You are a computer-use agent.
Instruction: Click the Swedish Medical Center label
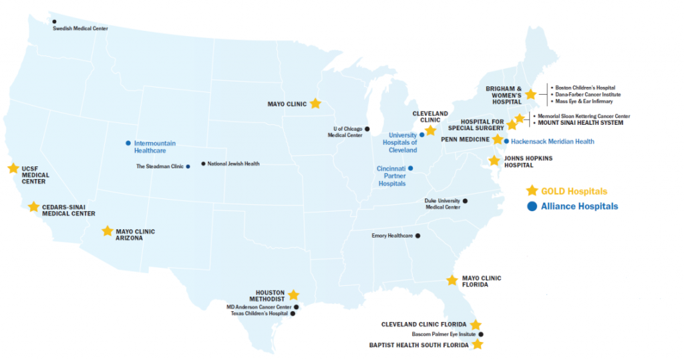coord(80,28)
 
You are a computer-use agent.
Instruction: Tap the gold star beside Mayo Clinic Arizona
coord(108,231)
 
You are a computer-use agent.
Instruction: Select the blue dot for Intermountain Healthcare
coord(128,143)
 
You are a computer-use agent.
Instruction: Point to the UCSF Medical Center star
coord(13,168)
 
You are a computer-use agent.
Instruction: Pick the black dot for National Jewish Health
coord(204,164)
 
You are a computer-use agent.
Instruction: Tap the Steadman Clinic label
coord(160,166)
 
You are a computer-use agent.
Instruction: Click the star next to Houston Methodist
coord(293,295)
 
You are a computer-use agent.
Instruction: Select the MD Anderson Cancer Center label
coord(259,307)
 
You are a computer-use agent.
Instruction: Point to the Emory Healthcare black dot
coord(418,236)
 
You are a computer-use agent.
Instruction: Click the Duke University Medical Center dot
coord(466,200)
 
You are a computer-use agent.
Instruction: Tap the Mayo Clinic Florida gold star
coord(452,281)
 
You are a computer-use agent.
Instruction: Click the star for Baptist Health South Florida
coord(478,345)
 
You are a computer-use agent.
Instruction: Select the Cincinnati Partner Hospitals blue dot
coord(411,168)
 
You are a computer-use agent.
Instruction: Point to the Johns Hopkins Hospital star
coord(494,161)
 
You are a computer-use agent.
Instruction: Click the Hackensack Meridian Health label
coord(552,142)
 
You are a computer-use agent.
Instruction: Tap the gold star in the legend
coord(532,190)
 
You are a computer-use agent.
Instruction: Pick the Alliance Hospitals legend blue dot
coord(532,206)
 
